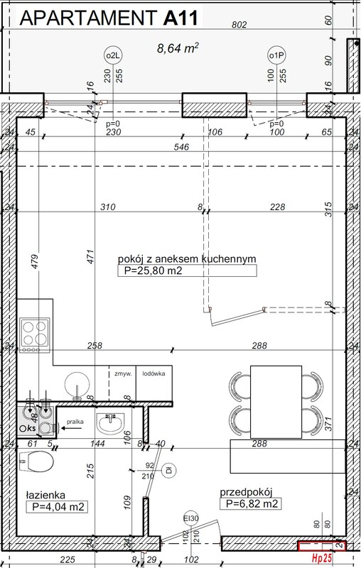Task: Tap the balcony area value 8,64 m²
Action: point(178,48)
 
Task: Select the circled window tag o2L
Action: point(112,55)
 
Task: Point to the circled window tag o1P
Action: point(276,55)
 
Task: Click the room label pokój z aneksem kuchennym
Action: point(186,259)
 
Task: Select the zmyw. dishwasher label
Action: point(121,373)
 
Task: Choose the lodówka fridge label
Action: point(153,373)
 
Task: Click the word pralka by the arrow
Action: point(76,422)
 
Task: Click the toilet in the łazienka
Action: point(37,463)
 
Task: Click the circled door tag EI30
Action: point(190,517)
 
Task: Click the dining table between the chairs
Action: point(275,401)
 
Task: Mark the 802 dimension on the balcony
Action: point(239,25)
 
